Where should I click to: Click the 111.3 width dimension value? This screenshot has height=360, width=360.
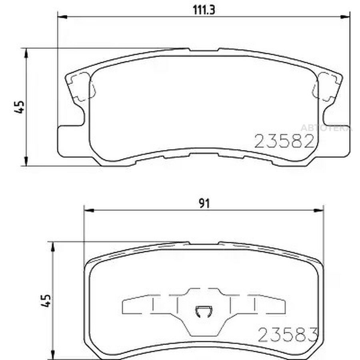click(x=204, y=10)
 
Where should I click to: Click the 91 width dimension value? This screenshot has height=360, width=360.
click(x=204, y=204)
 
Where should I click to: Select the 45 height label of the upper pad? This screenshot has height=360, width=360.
click(x=20, y=107)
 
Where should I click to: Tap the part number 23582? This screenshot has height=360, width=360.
click(x=284, y=141)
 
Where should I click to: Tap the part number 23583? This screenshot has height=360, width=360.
click(x=288, y=334)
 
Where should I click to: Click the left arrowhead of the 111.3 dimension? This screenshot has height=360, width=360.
click(x=62, y=17)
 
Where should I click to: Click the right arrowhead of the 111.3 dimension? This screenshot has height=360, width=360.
click(x=345, y=17)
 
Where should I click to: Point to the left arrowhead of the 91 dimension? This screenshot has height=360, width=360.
click(x=89, y=210)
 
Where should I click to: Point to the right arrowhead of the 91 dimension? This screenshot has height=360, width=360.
click(x=318, y=210)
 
